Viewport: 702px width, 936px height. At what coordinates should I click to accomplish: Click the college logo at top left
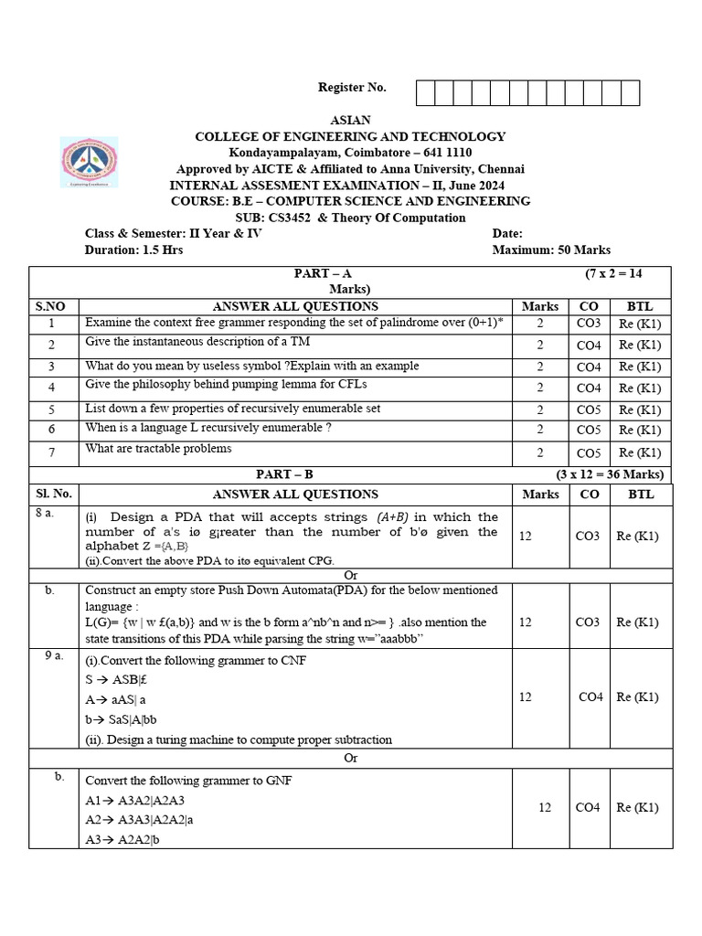90,162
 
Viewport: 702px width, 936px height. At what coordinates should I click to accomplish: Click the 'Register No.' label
352,88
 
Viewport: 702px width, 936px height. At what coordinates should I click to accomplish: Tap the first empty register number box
425,93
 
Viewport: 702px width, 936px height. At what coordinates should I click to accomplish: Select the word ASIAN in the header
350,121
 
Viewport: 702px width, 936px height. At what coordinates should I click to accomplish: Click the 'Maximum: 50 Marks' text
551,250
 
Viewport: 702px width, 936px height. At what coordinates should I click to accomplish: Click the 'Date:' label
507,234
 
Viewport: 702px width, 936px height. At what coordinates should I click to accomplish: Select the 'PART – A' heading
322,273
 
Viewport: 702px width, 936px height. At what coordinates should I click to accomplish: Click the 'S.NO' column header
53,307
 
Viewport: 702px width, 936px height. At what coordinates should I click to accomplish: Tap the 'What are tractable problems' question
158,449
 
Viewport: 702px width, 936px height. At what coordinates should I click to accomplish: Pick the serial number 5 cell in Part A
52,409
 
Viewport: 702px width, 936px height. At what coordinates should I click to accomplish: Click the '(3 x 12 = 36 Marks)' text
609,474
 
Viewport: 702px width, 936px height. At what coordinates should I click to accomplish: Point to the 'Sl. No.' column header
53,495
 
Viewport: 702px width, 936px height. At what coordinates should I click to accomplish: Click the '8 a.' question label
44,514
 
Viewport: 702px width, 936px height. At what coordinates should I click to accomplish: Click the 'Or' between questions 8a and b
350,575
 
